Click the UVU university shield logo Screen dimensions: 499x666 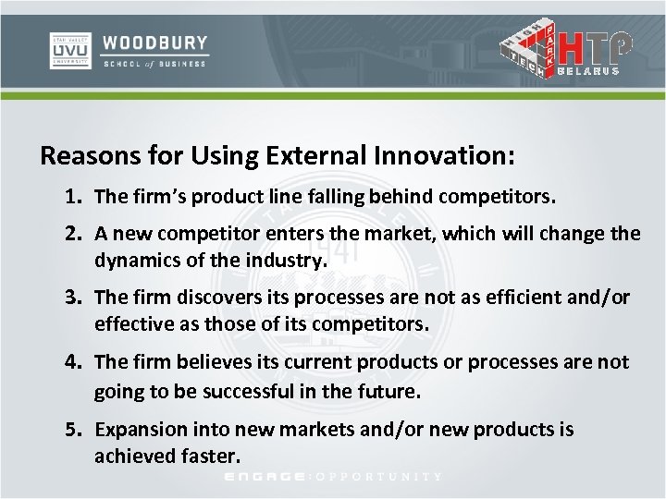coord(69,51)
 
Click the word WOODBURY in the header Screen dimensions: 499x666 coord(155,43)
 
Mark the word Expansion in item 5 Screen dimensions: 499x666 coord(139,430)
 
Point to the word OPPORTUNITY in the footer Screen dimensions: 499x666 coord(379,477)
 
